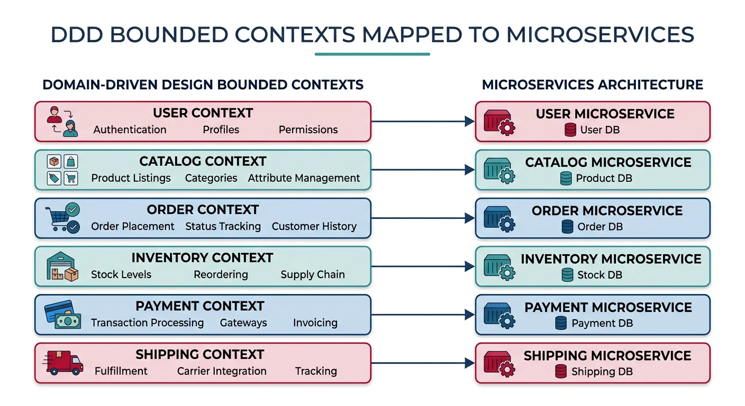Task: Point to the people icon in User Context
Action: tap(62, 122)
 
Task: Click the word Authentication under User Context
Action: tap(130, 130)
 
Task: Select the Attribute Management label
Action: tap(304, 178)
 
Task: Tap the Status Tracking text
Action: tap(223, 227)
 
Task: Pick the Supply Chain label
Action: tap(312, 275)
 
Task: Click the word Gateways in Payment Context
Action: tap(243, 323)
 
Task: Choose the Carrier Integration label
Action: tap(222, 371)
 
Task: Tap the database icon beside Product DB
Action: tap(566, 179)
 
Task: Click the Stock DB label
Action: tap(599, 275)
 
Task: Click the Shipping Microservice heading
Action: tap(607, 356)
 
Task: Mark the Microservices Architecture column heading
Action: tap(593, 85)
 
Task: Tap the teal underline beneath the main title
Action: tap(372, 54)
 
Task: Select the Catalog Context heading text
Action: tap(203, 161)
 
